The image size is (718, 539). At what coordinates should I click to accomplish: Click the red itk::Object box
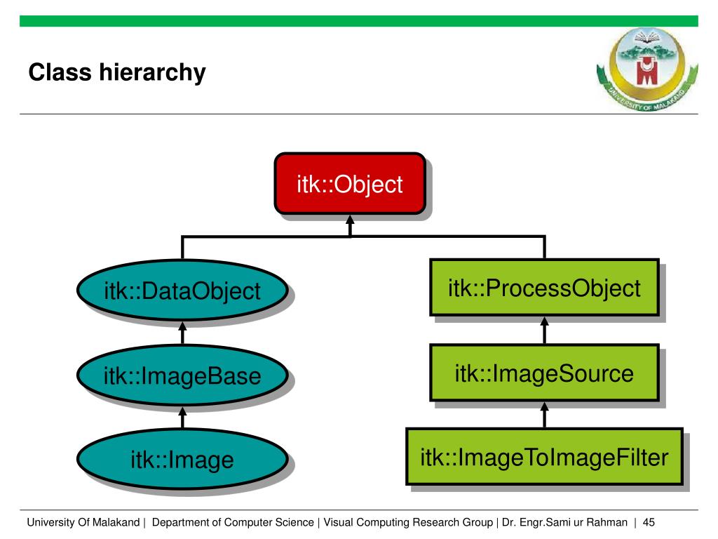[349, 184]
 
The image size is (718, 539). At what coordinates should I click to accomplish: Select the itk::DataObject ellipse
[182, 291]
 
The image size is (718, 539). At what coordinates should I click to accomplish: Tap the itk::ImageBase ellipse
[182, 376]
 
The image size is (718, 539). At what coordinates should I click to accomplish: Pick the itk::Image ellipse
[182, 460]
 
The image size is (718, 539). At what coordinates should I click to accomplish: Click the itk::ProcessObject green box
[544, 288]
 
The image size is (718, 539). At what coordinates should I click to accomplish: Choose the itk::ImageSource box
[544, 373]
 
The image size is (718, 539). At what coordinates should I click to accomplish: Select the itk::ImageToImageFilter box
[544, 458]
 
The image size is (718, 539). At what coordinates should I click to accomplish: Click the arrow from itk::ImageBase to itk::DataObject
[182, 333]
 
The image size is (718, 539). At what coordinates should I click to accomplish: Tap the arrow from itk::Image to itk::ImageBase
[182, 418]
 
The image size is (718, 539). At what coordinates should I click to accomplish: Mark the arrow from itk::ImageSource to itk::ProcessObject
[545, 329]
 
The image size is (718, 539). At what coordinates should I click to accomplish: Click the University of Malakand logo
[646, 67]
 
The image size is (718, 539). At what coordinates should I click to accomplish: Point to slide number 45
[648, 522]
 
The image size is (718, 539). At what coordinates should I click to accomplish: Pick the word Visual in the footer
[337, 522]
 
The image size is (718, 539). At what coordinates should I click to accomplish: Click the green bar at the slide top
[359, 21]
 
